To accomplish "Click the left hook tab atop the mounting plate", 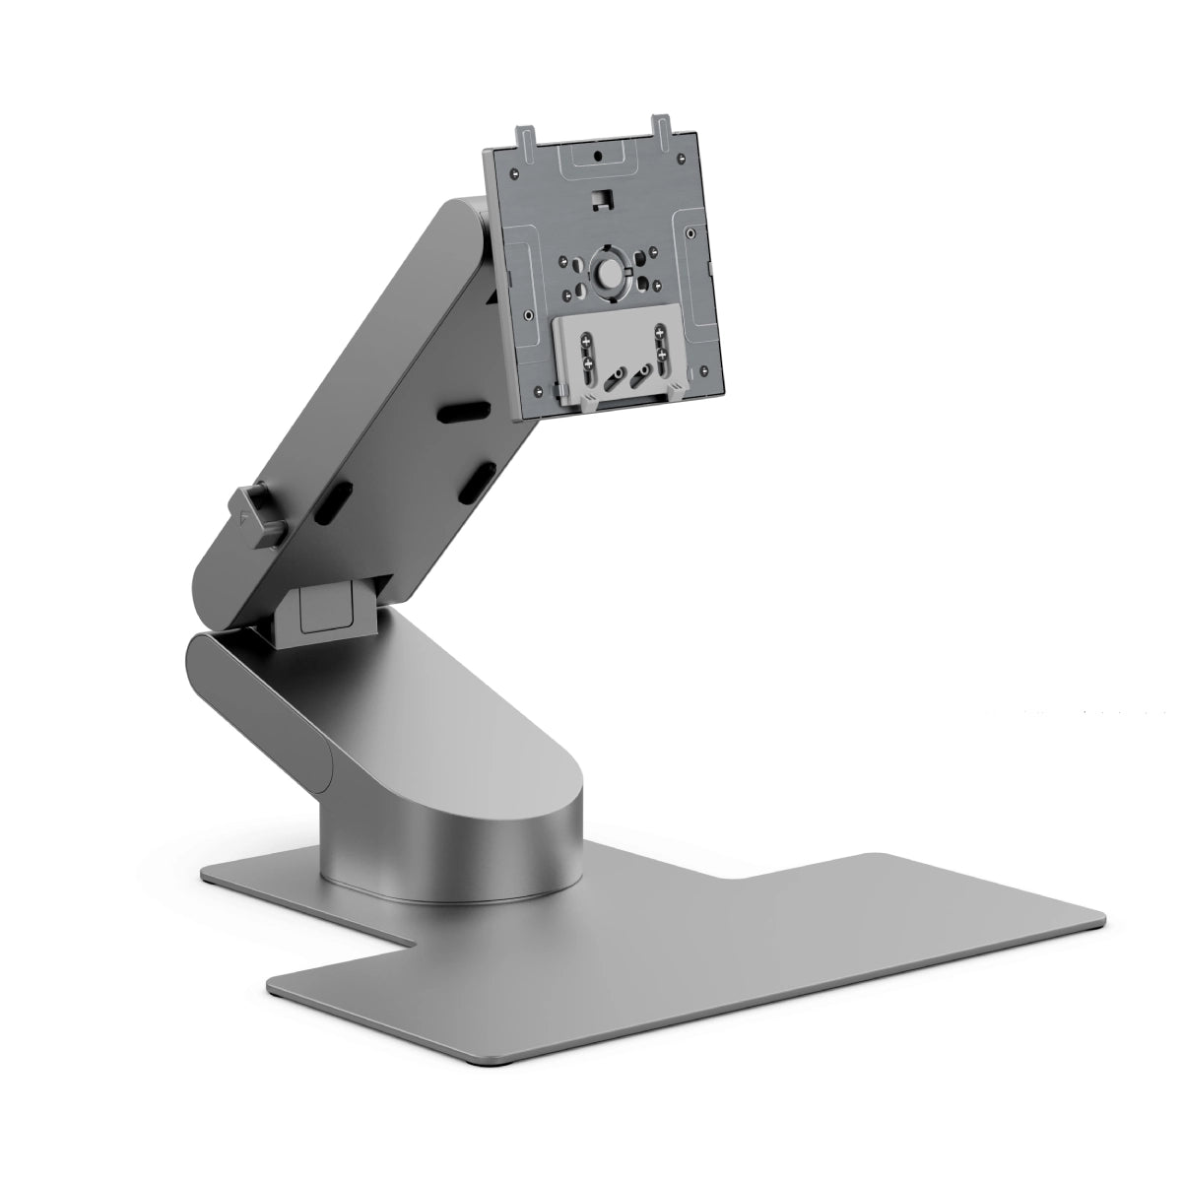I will [525, 140].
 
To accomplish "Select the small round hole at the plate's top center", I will [598, 156].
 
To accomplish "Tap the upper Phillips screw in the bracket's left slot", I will [586, 342].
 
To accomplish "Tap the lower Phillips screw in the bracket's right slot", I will [662, 354].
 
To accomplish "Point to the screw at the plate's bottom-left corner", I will [538, 391].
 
